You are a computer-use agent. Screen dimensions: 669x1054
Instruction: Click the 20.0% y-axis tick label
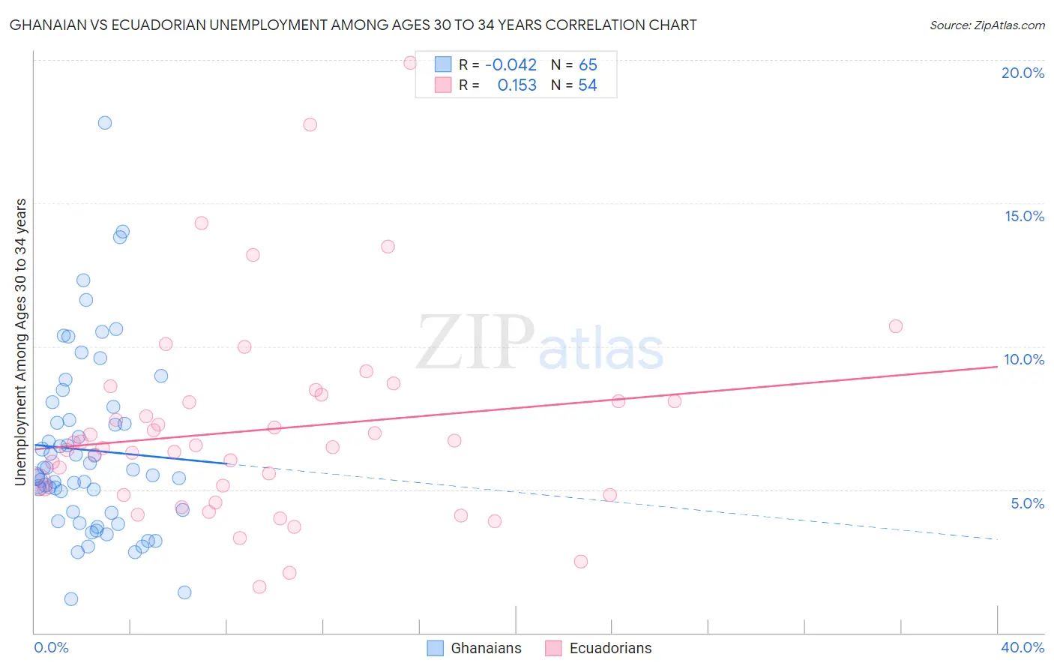coord(1023,73)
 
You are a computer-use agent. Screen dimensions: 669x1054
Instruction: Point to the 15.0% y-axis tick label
coord(1024,216)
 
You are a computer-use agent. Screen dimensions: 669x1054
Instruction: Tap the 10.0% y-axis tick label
coord(1024,359)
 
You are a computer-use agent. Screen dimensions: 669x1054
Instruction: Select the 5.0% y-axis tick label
coord(1027,503)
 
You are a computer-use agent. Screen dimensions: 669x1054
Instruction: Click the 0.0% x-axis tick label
coord(51,647)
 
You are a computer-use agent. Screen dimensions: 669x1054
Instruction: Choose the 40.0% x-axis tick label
coord(1023,647)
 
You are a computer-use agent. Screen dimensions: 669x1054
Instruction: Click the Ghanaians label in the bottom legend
coord(486,648)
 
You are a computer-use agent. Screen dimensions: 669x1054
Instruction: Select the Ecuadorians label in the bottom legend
coord(610,648)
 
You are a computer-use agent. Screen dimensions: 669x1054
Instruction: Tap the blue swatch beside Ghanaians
coord(436,648)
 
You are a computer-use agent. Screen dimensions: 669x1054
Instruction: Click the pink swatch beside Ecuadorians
coord(553,648)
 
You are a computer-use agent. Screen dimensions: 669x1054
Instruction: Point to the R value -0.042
coord(511,64)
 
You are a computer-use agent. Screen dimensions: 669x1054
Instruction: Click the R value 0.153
coord(517,85)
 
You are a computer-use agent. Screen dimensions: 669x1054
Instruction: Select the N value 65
coord(588,64)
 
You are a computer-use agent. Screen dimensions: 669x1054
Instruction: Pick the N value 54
coord(588,85)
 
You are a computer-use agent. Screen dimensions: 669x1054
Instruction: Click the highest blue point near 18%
coord(105,123)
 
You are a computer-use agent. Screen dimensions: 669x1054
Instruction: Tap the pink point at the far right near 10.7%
coord(895,326)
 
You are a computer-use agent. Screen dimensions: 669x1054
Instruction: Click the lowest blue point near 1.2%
coord(71,598)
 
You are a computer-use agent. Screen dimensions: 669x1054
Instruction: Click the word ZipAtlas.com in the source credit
coord(1008,25)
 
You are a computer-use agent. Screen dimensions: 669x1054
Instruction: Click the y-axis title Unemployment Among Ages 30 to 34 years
coord(21,341)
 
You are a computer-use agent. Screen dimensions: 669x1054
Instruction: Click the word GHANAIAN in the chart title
coord(45,25)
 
